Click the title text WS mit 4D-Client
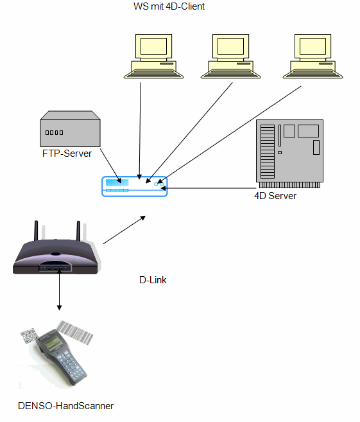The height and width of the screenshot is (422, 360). pos(169,6)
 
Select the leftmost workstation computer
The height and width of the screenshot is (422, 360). pos(153,57)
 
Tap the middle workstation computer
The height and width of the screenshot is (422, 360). pos(230,57)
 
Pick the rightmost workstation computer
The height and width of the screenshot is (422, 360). pos(313,57)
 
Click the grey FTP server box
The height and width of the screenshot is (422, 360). pos(70,128)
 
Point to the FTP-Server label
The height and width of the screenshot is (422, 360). pos(67,154)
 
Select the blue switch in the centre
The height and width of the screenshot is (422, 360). pos(134,186)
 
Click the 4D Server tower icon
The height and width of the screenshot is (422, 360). pos(289,154)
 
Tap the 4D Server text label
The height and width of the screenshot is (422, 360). pos(275,196)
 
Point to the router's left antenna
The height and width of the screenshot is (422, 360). pos(36,231)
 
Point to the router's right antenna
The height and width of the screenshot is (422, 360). pos(78,231)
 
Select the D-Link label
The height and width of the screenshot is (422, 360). pos(153,280)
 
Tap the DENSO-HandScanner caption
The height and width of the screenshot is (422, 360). pos(65,405)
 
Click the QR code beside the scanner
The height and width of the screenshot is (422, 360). pos(29,335)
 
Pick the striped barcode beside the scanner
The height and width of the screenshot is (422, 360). pos(74,333)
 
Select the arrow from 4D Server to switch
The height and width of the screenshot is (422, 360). pos(209,188)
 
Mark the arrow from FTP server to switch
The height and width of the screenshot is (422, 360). pos(111,166)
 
